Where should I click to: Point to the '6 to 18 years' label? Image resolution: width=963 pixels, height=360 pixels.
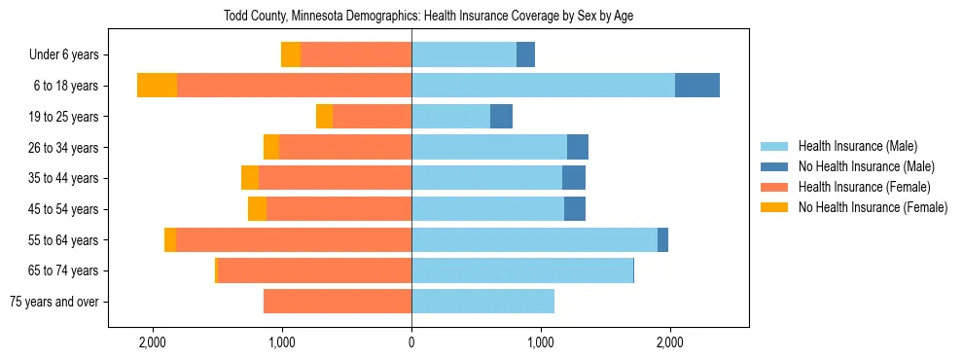[x=66, y=86]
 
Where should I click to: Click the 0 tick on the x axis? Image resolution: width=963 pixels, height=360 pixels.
[x=411, y=342]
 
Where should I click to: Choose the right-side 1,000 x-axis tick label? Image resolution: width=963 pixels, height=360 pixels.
[x=540, y=342]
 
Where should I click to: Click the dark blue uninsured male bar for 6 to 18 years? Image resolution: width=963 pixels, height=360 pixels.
[x=697, y=86]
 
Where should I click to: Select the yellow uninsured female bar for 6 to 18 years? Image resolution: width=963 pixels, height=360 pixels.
[x=157, y=86]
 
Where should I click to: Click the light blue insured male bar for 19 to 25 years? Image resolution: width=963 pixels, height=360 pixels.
[x=450, y=117]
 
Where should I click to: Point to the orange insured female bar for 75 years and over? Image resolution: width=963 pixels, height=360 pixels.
[x=338, y=302]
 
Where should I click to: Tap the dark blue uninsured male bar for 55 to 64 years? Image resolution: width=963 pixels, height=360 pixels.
[x=662, y=240]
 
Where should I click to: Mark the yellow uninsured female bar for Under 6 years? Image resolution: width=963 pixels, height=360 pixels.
[x=291, y=55]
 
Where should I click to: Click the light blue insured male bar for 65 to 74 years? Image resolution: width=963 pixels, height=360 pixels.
[x=522, y=270]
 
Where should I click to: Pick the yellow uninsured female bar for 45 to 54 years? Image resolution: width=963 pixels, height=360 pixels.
[x=257, y=209]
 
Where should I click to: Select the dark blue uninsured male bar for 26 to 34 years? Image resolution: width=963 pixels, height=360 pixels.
[x=578, y=148]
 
